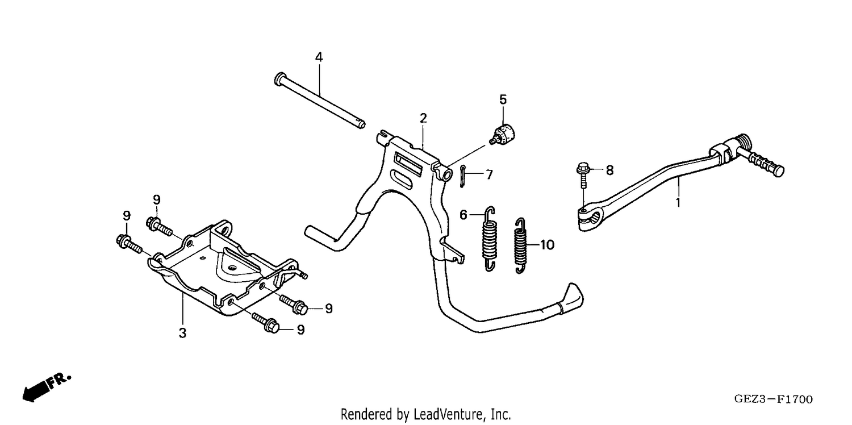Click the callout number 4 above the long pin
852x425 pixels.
click(319, 57)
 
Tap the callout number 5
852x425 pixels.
click(503, 99)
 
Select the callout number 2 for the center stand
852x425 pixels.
click(423, 118)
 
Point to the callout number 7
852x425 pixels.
click(489, 174)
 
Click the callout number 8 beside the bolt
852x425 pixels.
click(609, 170)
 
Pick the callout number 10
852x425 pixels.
click(547, 245)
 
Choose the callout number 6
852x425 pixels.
click(463, 215)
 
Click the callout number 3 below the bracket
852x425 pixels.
click(182, 333)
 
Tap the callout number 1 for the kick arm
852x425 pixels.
click(678, 202)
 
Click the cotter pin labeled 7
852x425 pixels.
click(462, 177)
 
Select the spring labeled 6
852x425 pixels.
click(490, 239)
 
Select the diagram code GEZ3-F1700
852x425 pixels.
click(773, 399)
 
